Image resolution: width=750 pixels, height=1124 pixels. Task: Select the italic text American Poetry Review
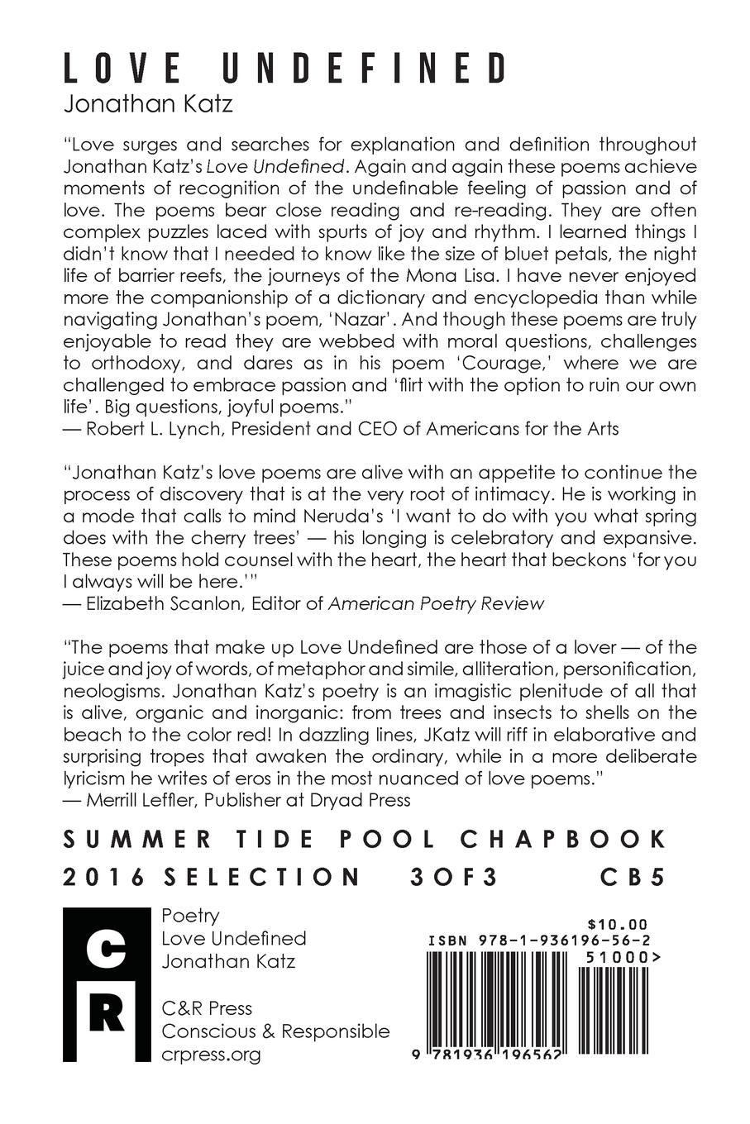tap(437, 603)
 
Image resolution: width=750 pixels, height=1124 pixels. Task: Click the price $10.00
tap(616, 925)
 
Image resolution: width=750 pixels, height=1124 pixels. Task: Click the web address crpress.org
tap(211, 1055)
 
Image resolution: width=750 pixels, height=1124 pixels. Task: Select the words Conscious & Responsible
tap(275, 1031)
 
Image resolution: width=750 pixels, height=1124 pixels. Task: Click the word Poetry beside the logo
tap(190, 916)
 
